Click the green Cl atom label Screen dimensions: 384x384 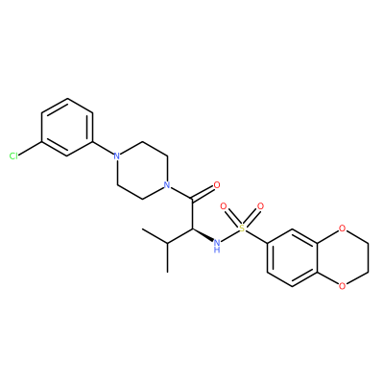pos(13,156)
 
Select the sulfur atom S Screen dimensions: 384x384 pos(242,228)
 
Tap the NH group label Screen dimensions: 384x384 pos(217,246)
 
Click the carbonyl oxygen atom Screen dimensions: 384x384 pos(217,185)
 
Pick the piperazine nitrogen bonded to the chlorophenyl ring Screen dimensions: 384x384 pos(117,156)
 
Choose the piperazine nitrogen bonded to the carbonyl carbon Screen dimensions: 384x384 pos(167,185)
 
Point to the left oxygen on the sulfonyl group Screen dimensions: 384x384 pos(224,206)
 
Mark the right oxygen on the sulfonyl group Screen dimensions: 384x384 pos(261,206)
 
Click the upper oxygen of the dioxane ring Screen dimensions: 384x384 pos(342,228)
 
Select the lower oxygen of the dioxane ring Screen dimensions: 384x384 pos(342,286)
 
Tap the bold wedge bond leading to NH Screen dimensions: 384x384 pos(203,235)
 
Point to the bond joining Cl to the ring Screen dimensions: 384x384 pos(31,149)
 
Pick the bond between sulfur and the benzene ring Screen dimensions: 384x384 pos(256,236)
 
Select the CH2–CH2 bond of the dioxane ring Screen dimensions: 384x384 pos(368,257)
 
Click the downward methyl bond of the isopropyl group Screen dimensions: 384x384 pos(167,258)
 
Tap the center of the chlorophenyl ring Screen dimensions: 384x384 pos(67,128)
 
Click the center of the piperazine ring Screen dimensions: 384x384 pos(142,171)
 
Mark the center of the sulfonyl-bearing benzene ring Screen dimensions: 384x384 pos(293,257)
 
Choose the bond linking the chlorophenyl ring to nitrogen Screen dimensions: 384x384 pos(103,149)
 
